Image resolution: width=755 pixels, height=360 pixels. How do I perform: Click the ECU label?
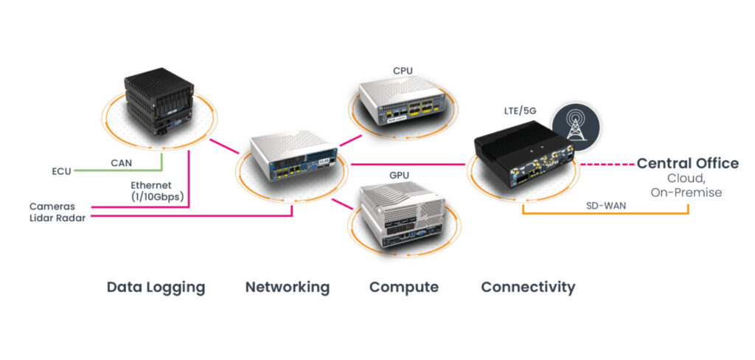(61, 171)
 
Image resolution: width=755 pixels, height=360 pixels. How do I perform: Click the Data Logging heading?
(156, 287)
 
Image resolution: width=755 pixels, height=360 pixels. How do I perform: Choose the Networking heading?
(287, 287)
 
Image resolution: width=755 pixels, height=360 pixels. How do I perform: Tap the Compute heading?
(403, 287)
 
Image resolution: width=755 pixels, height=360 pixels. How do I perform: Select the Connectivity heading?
(528, 287)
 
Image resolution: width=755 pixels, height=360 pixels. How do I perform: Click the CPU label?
(403, 72)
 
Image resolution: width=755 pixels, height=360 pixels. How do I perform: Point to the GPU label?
(400, 176)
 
